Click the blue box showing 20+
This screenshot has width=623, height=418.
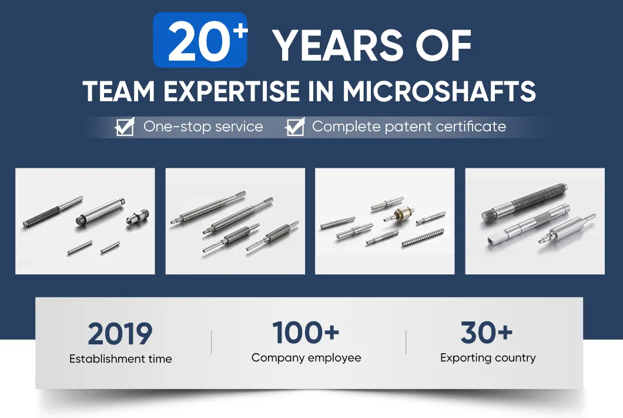click(200, 40)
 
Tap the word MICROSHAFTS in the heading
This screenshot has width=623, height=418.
click(440, 92)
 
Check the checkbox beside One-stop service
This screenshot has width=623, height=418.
click(125, 127)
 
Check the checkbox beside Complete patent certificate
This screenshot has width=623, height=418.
click(295, 127)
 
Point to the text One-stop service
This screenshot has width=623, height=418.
click(203, 126)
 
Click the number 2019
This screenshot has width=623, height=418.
click(120, 334)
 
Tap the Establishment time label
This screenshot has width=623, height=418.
click(120, 359)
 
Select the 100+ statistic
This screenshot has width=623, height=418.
click(306, 333)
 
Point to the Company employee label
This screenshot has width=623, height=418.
click(306, 357)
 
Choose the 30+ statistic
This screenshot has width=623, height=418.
click(487, 333)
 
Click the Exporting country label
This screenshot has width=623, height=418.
click(488, 357)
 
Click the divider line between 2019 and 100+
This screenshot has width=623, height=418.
click(212, 342)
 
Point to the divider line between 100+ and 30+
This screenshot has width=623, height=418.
click(406, 342)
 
